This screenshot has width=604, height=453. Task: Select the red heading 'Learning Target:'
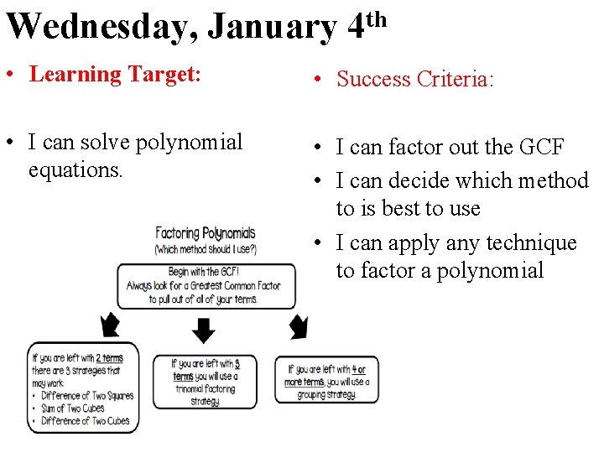(x=115, y=74)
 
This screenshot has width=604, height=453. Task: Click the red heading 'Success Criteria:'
(x=415, y=79)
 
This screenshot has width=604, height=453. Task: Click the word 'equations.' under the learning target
(x=75, y=169)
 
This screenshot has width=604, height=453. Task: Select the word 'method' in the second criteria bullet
(x=549, y=180)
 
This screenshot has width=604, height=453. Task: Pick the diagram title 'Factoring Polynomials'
(x=205, y=233)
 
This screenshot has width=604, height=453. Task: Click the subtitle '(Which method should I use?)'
(x=205, y=249)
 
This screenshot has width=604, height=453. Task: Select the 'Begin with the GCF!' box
(x=206, y=286)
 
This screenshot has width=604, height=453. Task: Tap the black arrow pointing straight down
(x=204, y=331)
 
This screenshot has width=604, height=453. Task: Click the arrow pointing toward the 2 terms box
(x=110, y=324)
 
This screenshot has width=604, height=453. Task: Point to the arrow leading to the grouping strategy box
(x=299, y=325)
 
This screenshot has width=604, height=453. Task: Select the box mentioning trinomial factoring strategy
(x=205, y=382)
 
